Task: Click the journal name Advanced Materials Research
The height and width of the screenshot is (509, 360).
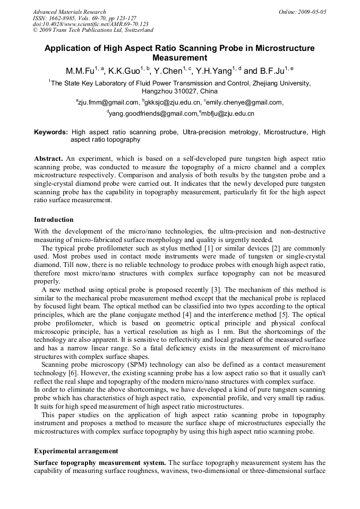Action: click(x=69, y=12)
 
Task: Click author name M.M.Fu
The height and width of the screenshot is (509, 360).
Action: click(x=80, y=71)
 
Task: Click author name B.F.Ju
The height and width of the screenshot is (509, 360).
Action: click(x=271, y=71)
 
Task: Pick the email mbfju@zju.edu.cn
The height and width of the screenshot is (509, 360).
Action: click(x=228, y=114)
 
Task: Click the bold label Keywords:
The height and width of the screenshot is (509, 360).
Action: click(x=51, y=132)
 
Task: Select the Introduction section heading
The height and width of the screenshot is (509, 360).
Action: click(x=54, y=220)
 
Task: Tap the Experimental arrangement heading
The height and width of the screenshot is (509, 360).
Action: click(x=76, y=451)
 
